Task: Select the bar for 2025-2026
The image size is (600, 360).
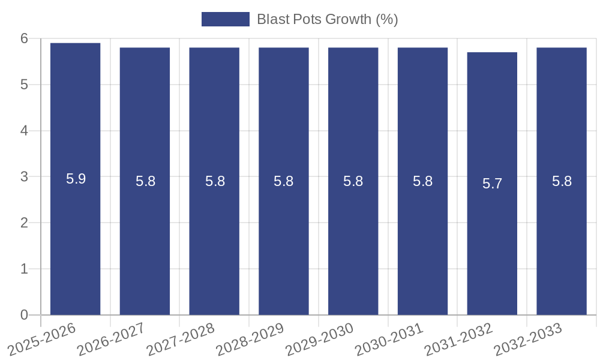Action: (75, 240)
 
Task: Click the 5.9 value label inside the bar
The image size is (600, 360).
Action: (76, 179)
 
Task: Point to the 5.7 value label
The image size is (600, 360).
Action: (492, 184)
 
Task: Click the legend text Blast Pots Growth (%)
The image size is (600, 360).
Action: (327, 19)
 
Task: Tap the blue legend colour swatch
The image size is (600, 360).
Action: (225, 19)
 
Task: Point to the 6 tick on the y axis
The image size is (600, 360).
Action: (25, 38)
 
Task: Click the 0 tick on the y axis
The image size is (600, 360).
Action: (25, 315)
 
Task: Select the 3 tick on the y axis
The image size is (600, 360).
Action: (25, 177)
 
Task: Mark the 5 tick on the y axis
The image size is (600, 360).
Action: (25, 85)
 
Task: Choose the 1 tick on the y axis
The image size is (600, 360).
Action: (25, 269)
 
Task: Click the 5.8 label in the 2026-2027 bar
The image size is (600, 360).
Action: (145, 181)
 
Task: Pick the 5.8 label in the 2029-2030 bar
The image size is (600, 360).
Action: (353, 181)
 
